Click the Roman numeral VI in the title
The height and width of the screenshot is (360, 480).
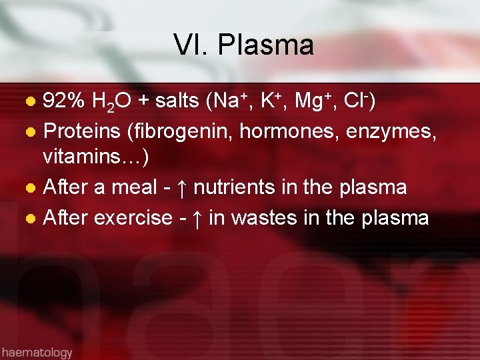189,45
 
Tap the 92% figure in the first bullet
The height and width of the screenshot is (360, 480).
63,101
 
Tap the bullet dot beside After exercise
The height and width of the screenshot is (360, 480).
29,217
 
